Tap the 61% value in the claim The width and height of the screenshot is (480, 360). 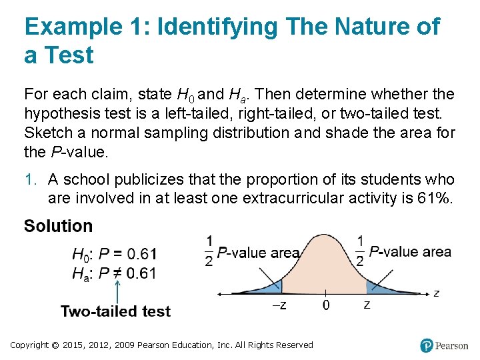434,198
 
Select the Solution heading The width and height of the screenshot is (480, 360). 59,226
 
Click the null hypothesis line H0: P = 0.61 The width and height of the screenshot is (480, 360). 115,254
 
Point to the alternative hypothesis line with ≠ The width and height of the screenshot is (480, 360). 115,273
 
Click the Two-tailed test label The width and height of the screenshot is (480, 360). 115,311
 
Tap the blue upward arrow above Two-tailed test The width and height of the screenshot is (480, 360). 117,291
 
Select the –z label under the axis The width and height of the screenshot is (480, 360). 281,305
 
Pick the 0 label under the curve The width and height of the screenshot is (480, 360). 325,305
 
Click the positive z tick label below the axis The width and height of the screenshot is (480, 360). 367,305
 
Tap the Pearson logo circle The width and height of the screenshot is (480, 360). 427,345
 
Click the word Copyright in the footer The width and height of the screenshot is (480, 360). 29,345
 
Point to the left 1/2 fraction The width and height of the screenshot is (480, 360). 209,251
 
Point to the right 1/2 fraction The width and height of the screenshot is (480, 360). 361,251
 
